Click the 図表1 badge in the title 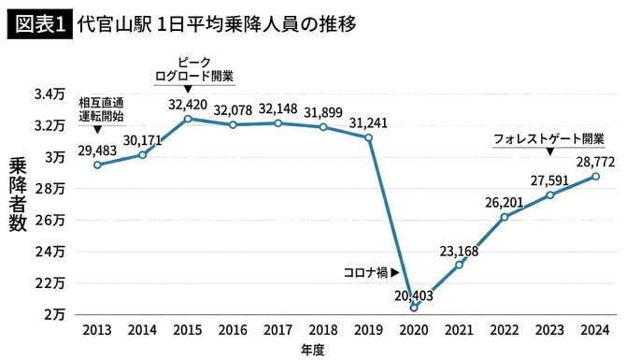(x=38, y=21)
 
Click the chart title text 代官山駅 (x=111, y=21)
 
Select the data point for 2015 (x=188, y=119)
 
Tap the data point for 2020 (x=414, y=307)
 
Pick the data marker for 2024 (x=595, y=177)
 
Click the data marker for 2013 (x=97, y=165)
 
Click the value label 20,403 (x=414, y=295)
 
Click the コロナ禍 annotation (x=366, y=273)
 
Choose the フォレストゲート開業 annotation (x=548, y=137)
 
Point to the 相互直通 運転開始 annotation (x=101, y=109)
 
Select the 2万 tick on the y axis (x=53, y=314)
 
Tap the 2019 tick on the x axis (x=368, y=331)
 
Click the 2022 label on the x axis (x=505, y=331)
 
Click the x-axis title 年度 (x=313, y=349)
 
